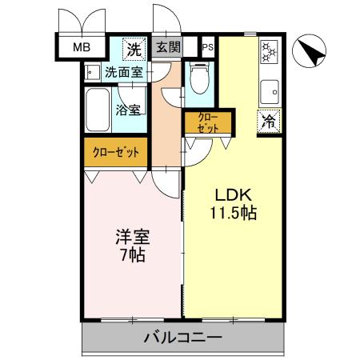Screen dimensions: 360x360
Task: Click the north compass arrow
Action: tap(310, 52)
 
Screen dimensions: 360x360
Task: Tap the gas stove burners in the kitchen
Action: tap(269, 54)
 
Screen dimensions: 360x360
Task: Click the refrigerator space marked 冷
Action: tap(270, 122)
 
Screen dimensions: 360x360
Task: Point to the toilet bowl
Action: tap(199, 80)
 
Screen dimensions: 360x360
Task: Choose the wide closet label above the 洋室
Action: tap(116, 152)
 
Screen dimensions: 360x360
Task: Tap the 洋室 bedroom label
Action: tap(133, 238)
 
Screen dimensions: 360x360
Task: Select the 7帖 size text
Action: tap(133, 255)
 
